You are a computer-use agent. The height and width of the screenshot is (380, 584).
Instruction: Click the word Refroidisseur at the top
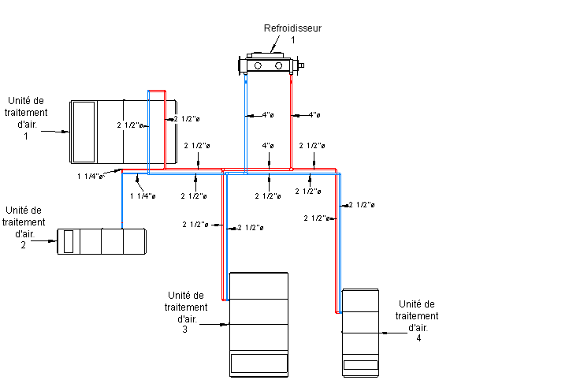pos(293,28)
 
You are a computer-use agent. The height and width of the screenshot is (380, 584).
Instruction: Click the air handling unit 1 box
pos(122,129)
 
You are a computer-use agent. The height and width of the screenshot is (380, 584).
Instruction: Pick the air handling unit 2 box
pos(102,241)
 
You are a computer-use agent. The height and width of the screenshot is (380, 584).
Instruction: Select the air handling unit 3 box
pos(259,323)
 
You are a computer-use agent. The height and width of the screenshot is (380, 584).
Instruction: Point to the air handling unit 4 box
pos(360,332)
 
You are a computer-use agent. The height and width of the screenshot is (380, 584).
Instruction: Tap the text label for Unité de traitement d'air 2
pos(24,228)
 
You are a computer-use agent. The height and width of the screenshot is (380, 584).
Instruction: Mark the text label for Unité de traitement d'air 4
pos(418,321)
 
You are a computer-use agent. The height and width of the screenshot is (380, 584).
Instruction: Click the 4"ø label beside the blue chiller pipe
pos(268,116)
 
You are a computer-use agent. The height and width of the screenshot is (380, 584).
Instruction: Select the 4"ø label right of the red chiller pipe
pos(314,116)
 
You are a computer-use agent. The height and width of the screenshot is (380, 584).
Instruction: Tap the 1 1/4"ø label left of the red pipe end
pos(91,177)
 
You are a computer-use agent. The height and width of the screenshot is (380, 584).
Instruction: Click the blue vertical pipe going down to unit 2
pos(123,201)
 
